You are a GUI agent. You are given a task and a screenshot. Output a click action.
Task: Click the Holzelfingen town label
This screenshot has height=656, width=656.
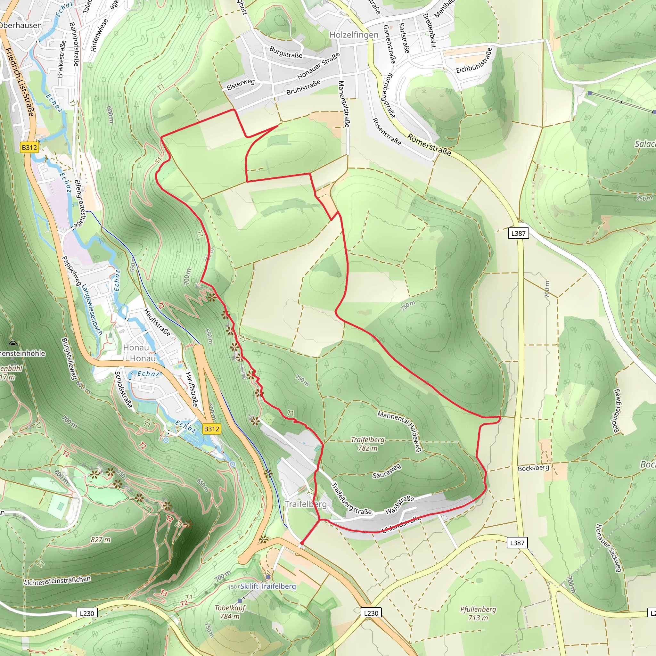click(354, 35)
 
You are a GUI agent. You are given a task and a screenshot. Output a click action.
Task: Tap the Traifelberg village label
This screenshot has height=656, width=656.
click(306, 504)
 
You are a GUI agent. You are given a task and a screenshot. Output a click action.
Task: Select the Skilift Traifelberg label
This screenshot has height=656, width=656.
click(268, 586)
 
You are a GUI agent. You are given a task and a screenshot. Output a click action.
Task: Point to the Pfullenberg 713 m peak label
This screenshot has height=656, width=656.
click(478, 613)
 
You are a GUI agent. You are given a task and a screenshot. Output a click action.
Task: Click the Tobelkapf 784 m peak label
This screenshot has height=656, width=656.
click(230, 612)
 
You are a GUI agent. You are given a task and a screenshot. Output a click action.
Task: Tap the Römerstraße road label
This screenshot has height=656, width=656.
click(429, 145)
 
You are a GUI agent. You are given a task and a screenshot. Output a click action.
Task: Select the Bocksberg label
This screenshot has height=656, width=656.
click(533, 468)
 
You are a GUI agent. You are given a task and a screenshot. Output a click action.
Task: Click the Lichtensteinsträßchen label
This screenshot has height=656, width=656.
click(57, 580)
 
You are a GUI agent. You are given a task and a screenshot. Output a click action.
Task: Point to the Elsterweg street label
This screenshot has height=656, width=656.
click(241, 84)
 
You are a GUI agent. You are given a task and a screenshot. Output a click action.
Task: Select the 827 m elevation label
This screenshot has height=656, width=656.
click(101, 539)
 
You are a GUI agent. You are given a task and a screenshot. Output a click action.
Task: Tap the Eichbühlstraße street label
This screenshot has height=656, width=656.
click(474, 61)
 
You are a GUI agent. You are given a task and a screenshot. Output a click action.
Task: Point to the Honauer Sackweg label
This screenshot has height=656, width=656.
click(609, 548)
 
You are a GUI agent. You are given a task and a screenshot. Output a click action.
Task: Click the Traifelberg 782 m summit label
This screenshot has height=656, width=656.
click(367, 444)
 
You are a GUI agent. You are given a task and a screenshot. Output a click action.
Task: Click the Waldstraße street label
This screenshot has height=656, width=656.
click(399, 505)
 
